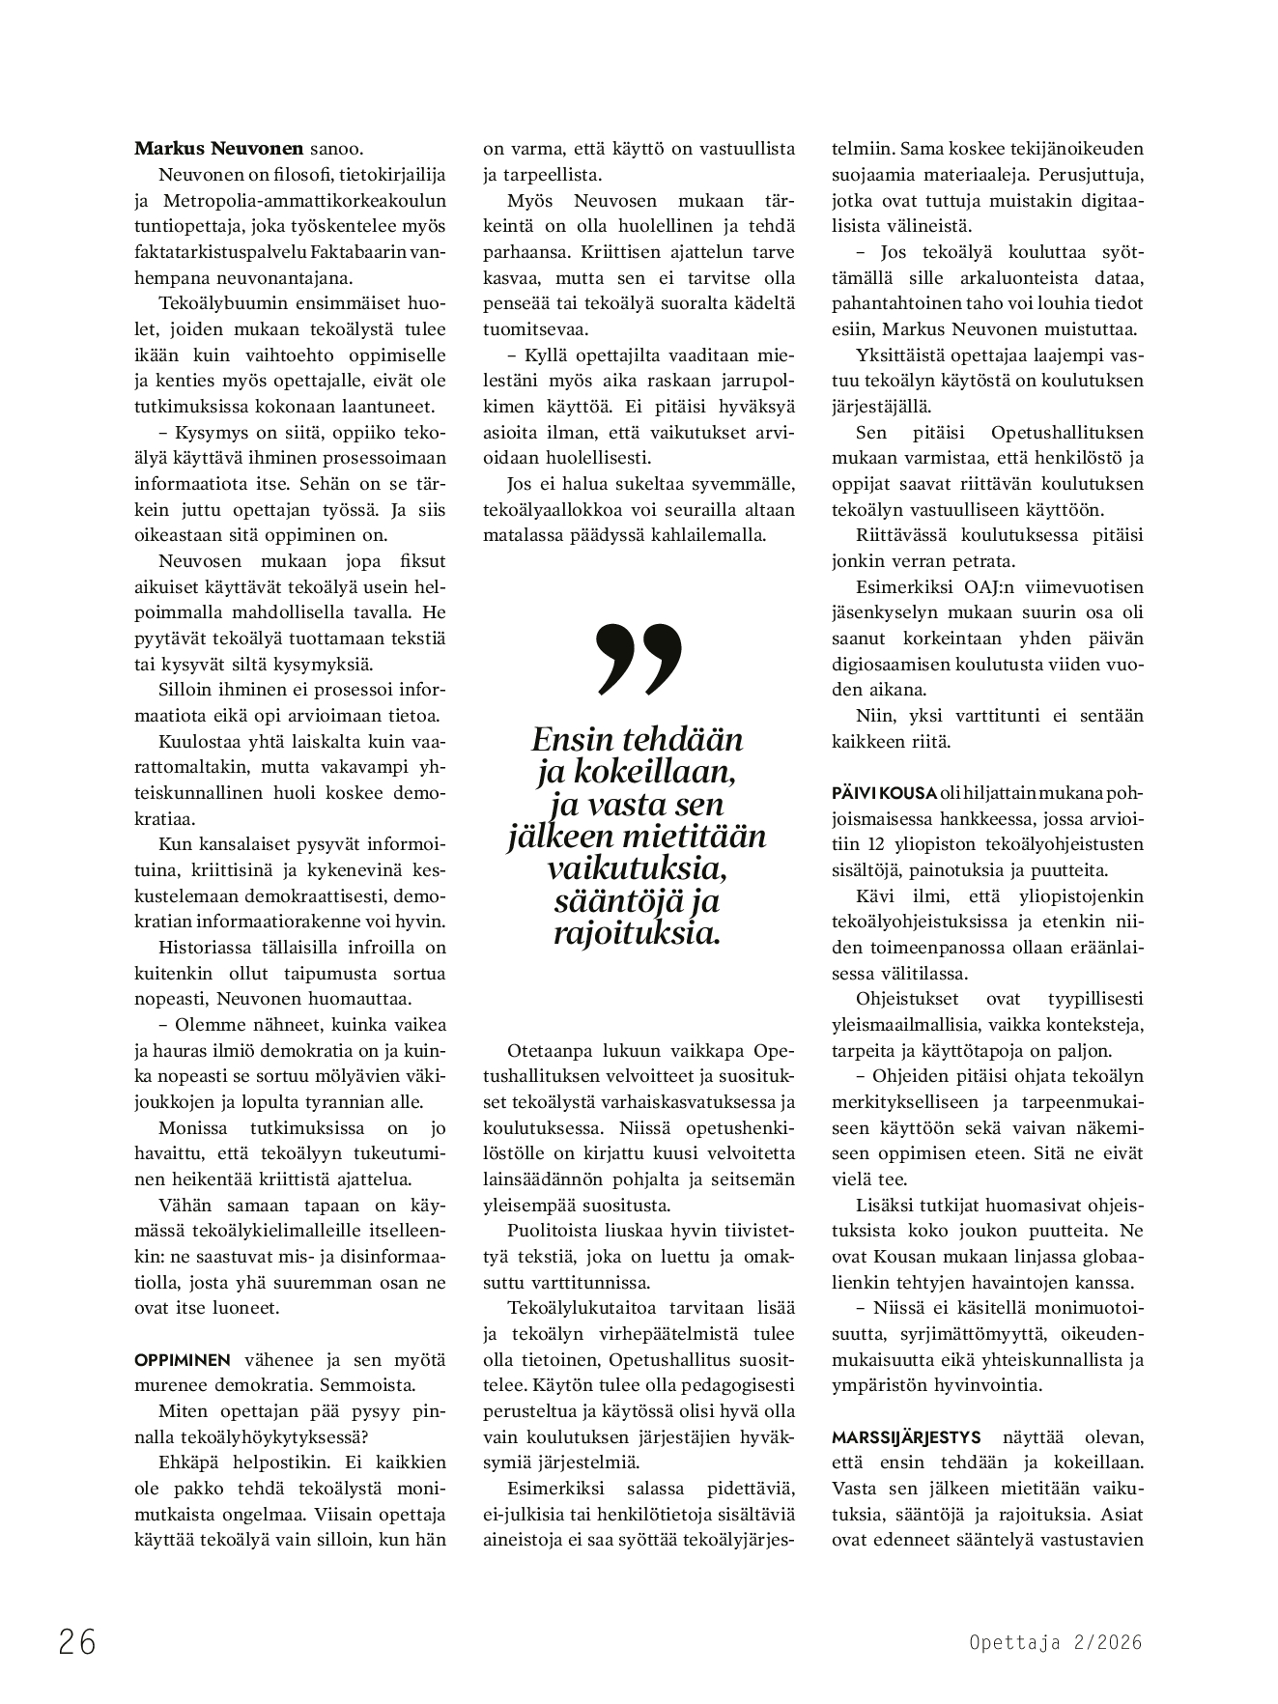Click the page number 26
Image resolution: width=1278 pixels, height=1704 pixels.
coord(77,1641)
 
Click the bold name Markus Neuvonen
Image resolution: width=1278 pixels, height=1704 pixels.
coord(217,150)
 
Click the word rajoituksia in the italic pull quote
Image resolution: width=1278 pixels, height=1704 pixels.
coord(637,934)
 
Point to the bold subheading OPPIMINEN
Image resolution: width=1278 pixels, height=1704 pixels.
coord(183,1360)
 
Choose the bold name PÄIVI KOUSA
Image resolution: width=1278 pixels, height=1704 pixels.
coord(884,793)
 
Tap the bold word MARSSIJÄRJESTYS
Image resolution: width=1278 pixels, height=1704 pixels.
coord(893,1436)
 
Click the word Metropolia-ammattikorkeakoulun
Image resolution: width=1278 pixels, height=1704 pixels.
coord(304,201)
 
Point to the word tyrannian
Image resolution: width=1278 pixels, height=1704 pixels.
coord(343,1101)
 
